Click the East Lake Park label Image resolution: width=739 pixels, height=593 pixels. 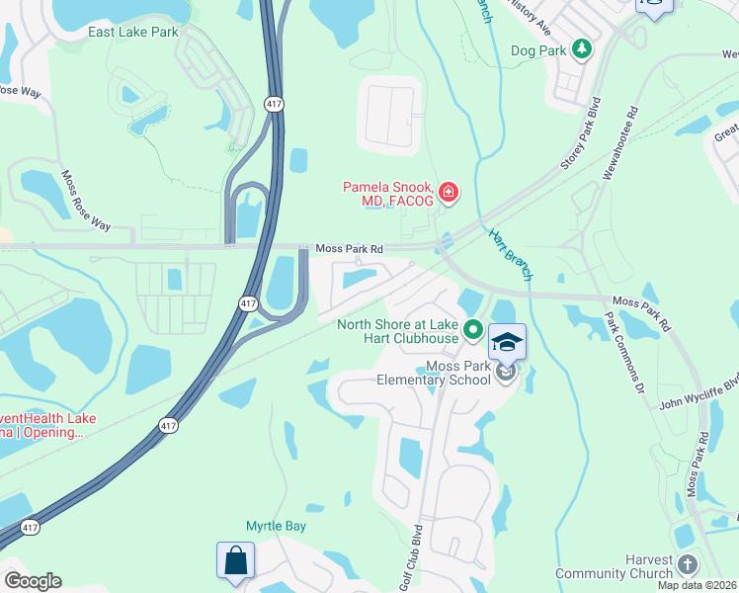coord(133,32)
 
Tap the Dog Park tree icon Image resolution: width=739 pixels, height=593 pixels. coord(582,48)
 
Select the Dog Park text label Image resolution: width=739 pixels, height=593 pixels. coord(539,49)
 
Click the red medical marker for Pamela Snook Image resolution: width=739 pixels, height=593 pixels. coord(449,191)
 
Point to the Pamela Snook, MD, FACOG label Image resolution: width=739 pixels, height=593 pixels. coord(388,194)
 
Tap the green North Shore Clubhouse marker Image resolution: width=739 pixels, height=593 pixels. coord(473,330)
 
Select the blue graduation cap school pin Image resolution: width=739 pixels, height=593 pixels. coord(507,342)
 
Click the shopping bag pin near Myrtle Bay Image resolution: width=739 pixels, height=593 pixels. coord(236,559)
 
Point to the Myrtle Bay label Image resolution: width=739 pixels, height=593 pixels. coord(276,526)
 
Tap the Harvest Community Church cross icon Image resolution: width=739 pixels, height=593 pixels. coord(688,562)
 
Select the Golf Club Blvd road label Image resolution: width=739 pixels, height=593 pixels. coord(416,565)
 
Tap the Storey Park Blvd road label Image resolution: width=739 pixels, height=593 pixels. coord(581,133)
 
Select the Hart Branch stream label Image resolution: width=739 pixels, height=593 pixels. coord(511,255)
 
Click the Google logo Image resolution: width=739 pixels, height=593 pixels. coord(32,581)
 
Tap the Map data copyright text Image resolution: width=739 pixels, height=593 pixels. coord(698,585)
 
